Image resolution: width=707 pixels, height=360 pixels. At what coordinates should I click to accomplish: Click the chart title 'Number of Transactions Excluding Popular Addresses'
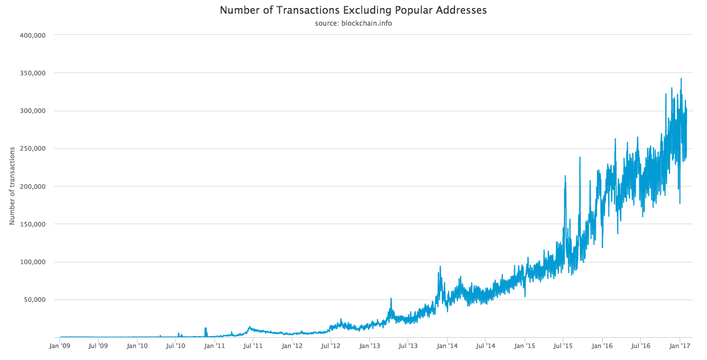[x=353, y=10]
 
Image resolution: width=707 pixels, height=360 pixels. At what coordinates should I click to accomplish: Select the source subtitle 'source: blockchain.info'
[x=353, y=23]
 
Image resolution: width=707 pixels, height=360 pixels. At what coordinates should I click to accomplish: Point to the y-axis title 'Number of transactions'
[x=12, y=185]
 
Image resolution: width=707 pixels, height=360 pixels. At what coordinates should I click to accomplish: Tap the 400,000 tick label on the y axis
[x=32, y=35]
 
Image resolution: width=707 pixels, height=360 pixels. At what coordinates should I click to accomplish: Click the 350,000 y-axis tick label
[x=32, y=73]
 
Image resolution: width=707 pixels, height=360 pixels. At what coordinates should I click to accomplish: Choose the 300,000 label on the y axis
[x=32, y=111]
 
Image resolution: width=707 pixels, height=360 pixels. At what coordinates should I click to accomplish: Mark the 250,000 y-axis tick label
[x=32, y=148]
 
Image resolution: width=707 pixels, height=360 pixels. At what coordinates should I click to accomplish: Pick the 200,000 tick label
[x=32, y=187]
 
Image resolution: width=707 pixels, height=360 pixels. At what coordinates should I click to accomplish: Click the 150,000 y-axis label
[x=32, y=224]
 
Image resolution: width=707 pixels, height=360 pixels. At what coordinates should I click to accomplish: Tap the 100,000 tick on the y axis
[x=32, y=262]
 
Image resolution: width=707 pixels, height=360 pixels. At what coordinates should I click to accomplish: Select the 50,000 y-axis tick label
[x=34, y=300]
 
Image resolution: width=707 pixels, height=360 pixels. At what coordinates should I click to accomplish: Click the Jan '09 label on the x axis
[x=60, y=346]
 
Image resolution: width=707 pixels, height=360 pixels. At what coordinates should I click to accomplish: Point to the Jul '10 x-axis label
[x=176, y=346]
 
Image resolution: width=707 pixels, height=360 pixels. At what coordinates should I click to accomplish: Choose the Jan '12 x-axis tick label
[x=292, y=346]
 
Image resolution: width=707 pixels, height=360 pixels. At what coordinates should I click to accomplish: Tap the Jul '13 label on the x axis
[x=408, y=346]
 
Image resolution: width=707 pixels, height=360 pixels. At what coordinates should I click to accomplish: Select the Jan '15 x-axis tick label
[x=525, y=346]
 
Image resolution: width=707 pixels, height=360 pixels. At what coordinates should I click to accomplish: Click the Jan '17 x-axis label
[x=680, y=346]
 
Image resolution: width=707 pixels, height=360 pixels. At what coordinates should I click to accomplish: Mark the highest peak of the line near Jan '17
[x=681, y=79]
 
